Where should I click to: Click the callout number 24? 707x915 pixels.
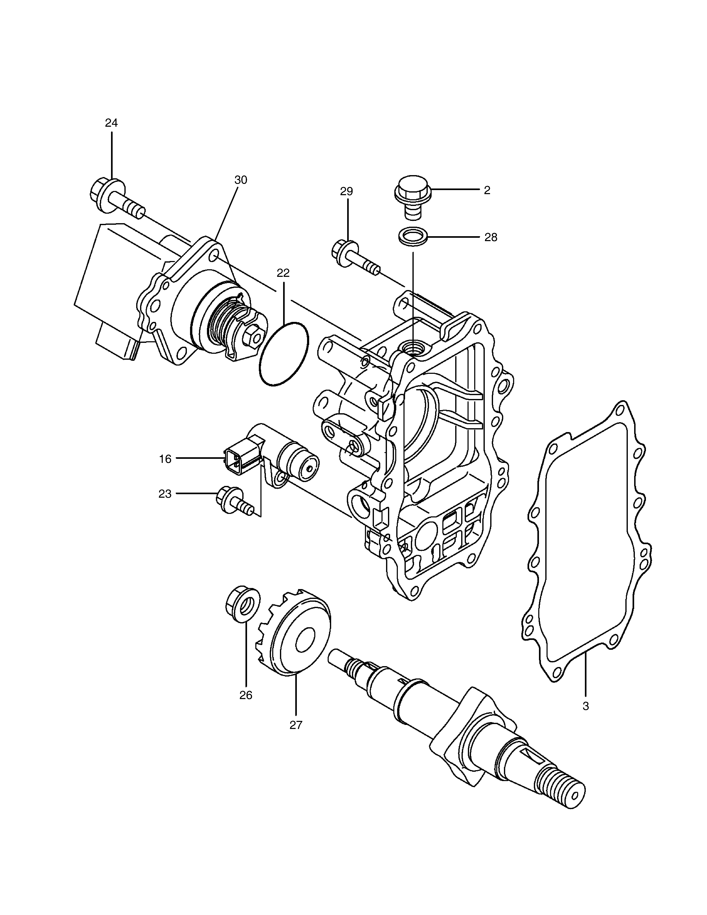coord(111,123)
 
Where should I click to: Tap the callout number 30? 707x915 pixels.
coord(241,180)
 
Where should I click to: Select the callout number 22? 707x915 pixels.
coord(283,273)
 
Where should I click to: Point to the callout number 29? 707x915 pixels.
coord(346,191)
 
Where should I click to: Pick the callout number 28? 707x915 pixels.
coord(491,238)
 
